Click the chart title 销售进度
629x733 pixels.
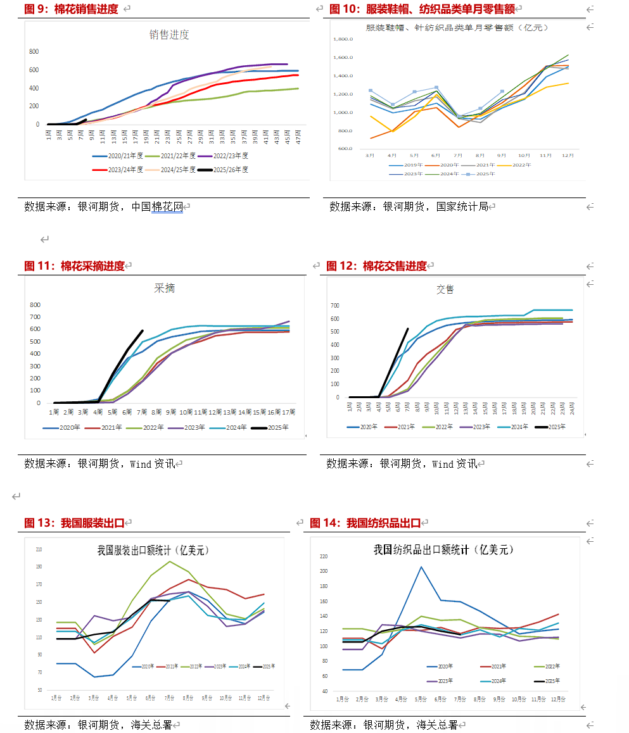tap(169, 35)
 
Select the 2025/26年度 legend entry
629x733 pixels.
tap(222, 170)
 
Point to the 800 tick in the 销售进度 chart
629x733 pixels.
tap(34, 51)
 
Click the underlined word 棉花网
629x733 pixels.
tap(167, 206)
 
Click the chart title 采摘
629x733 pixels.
tap(164, 289)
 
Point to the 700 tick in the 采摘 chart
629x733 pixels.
tap(35, 316)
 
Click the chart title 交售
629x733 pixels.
tap(445, 289)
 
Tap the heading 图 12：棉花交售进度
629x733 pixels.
tap(376, 266)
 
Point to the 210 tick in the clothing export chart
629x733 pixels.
tap(39, 549)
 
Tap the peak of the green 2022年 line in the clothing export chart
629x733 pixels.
tap(169, 561)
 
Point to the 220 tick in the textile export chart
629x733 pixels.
tap(324, 556)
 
